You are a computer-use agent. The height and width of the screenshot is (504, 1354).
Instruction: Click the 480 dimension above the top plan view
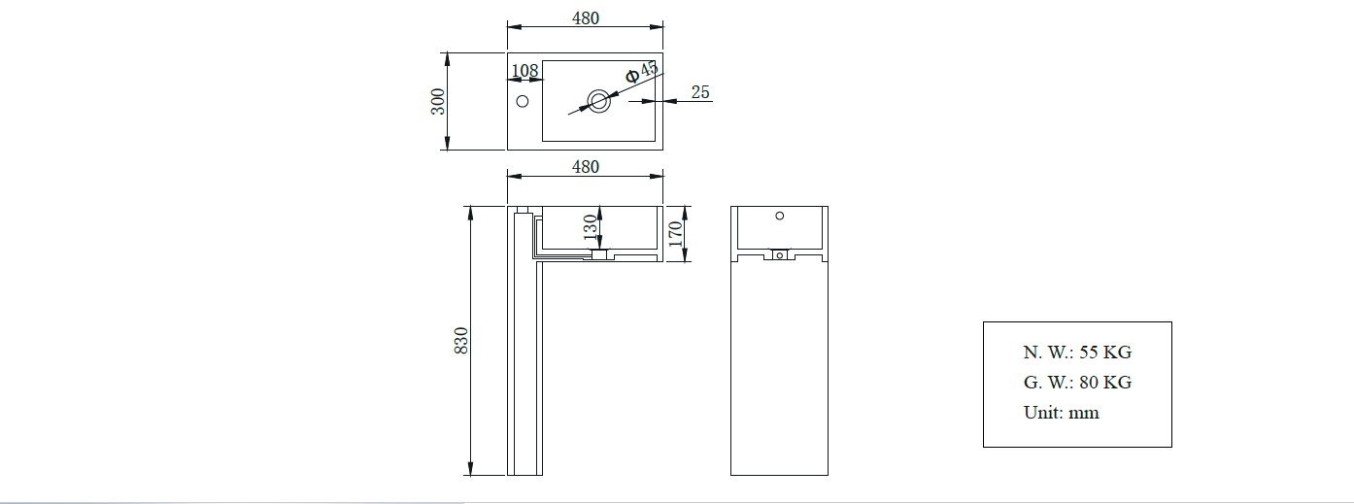click(585, 18)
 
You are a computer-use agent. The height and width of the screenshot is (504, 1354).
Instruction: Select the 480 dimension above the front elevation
click(585, 167)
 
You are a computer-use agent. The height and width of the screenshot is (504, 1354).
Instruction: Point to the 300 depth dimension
click(439, 101)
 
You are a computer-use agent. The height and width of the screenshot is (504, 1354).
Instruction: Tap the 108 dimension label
click(525, 71)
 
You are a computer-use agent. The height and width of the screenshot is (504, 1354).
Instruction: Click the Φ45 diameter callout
click(641, 71)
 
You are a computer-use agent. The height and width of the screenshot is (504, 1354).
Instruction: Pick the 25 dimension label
click(700, 92)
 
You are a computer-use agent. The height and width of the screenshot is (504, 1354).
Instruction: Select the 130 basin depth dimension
click(590, 228)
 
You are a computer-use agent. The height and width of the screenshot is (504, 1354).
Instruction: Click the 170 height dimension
click(677, 233)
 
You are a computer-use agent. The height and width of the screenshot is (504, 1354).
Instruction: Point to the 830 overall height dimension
click(462, 340)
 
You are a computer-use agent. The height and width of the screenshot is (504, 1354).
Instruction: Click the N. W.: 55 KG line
click(1077, 353)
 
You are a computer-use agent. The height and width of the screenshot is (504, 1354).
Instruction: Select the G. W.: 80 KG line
click(1077, 383)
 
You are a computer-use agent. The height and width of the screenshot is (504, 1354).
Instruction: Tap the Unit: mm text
click(1062, 413)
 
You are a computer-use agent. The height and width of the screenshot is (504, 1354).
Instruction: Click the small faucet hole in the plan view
click(522, 101)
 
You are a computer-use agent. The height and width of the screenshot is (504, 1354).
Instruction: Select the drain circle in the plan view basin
click(598, 99)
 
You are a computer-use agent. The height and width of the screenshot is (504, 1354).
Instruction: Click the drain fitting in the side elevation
click(779, 256)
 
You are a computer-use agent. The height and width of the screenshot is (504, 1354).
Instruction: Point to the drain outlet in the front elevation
click(599, 255)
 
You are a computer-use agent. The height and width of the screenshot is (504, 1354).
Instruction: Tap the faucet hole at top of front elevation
click(523, 210)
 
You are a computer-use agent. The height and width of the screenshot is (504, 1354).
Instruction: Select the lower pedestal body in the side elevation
click(779, 369)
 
